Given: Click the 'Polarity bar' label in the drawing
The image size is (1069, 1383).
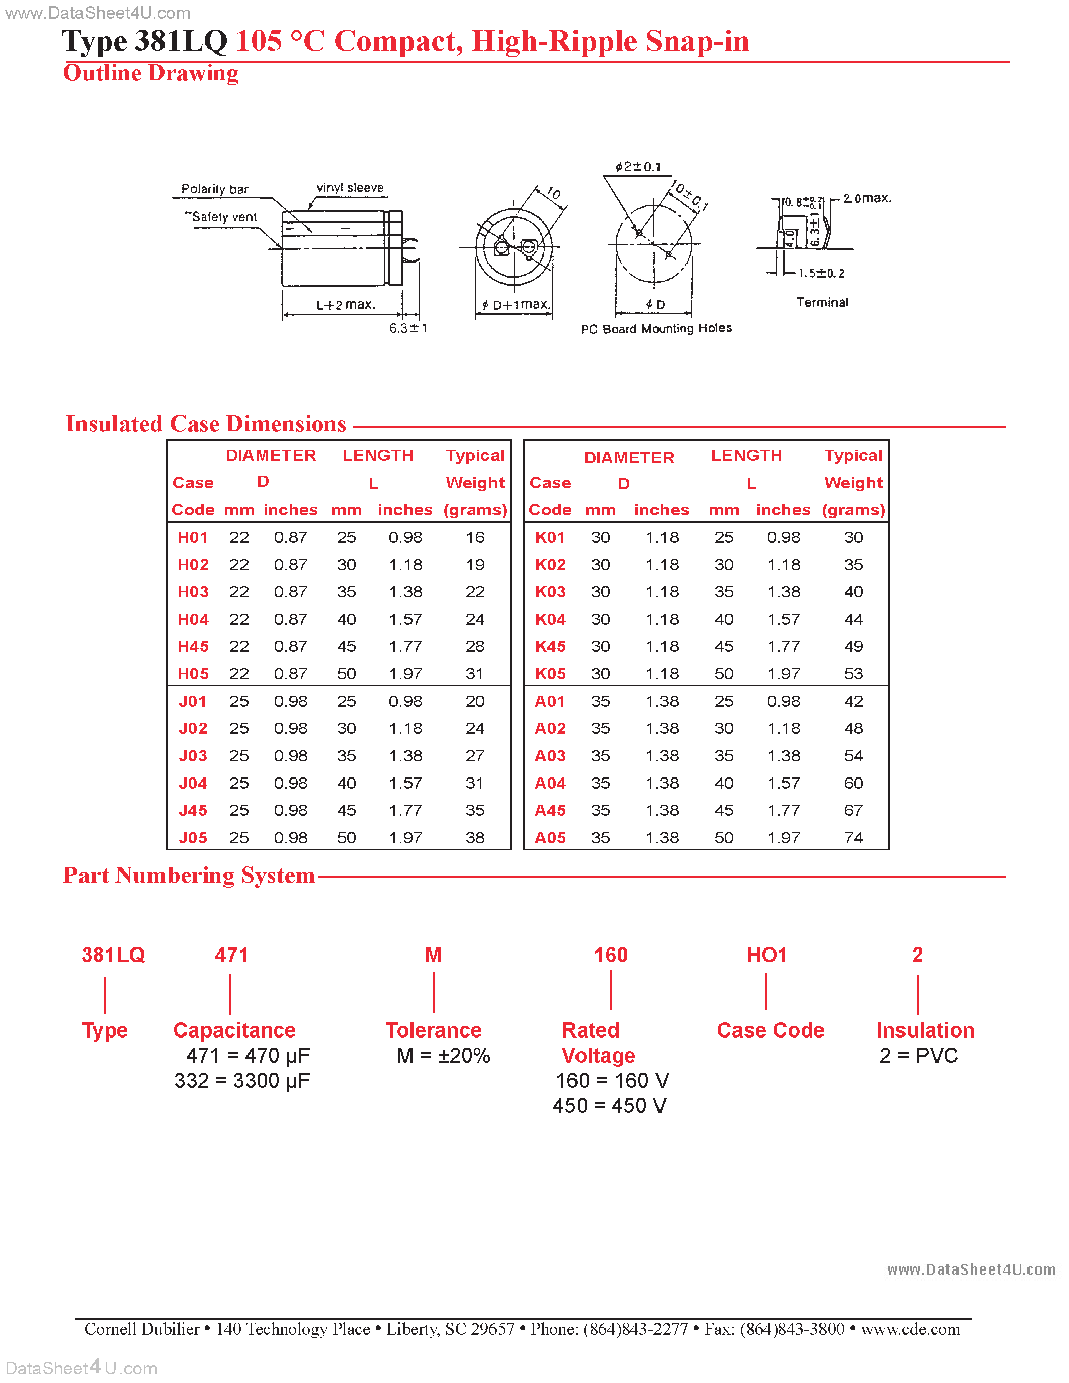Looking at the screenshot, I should (x=215, y=189).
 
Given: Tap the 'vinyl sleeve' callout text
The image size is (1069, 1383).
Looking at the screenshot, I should (x=350, y=188).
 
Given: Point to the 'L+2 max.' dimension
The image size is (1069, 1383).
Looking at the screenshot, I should (x=346, y=305).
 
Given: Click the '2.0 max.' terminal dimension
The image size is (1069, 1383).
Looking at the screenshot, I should (x=867, y=198).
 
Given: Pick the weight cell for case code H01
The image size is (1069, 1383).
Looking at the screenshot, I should (x=475, y=537).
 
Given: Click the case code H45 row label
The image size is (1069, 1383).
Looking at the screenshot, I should (x=193, y=647).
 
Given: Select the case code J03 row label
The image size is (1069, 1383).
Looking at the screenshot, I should (x=193, y=755).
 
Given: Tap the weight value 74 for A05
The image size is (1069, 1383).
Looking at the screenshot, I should (x=853, y=838).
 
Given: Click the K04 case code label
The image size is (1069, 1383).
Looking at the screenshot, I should (x=550, y=619).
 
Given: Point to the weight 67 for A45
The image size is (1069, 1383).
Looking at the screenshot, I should (x=853, y=811).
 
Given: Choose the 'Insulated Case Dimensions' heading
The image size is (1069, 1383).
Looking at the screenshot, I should (x=206, y=424).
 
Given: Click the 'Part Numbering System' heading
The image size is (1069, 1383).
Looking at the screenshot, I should (x=189, y=875).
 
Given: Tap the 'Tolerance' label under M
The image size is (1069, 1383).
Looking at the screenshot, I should (x=434, y=1030).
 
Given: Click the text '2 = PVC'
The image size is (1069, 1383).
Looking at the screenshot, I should (x=918, y=1056).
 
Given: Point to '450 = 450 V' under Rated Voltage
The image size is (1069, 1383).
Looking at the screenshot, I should (x=609, y=1105).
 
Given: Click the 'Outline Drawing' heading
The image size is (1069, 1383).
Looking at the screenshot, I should (x=151, y=73).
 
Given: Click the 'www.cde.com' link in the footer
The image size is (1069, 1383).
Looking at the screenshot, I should (x=910, y=1329).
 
